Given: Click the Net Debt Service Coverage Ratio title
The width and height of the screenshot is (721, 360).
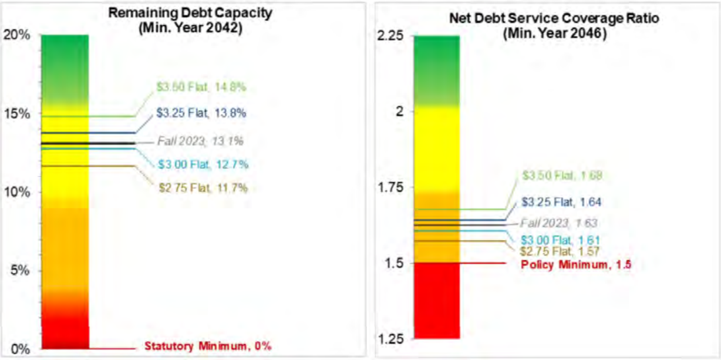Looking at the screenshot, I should pyautogui.click(x=554, y=25).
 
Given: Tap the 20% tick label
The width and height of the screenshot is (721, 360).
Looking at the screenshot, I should pyautogui.click(x=18, y=35).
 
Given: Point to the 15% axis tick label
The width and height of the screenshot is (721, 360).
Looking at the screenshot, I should pyautogui.click(x=18, y=114).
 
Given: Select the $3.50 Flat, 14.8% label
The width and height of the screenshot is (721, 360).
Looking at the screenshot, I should pyautogui.click(x=201, y=87).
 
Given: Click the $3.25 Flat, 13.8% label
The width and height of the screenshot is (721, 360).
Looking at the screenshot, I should pyautogui.click(x=201, y=113).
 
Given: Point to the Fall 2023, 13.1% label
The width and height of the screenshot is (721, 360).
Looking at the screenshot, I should pyautogui.click(x=200, y=141).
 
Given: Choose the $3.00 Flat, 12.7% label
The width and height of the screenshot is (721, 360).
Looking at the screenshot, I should pyautogui.click(x=203, y=165).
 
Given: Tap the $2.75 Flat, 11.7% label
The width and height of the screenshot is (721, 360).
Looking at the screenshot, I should pyautogui.click(x=203, y=188).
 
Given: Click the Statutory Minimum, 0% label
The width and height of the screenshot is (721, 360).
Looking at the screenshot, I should pyautogui.click(x=208, y=346).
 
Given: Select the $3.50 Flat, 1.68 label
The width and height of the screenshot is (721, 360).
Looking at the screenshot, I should pyautogui.click(x=563, y=175).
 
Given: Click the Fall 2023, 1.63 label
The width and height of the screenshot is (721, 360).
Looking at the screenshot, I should pyautogui.click(x=560, y=223).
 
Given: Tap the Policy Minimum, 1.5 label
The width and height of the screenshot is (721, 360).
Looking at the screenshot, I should pyautogui.click(x=576, y=264).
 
